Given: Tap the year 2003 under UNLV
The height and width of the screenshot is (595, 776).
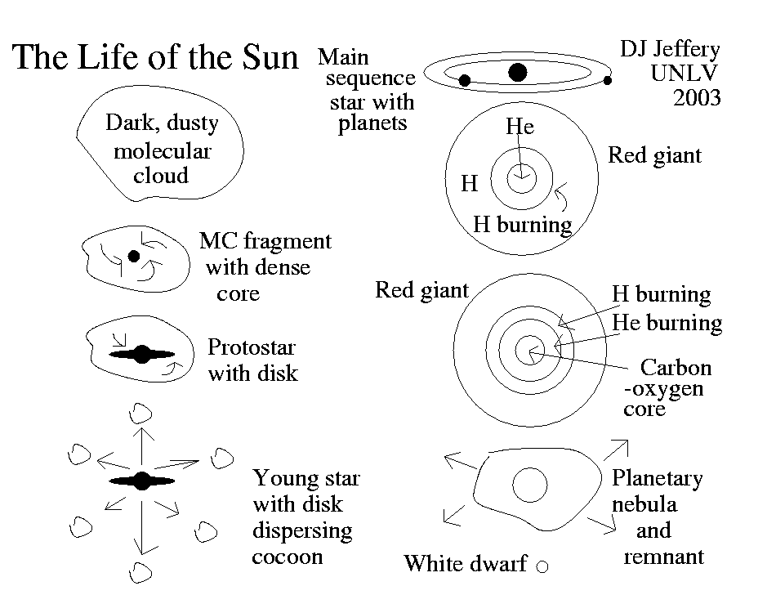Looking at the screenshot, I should [x=697, y=98].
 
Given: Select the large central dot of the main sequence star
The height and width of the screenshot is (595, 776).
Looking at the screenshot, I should [x=516, y=73].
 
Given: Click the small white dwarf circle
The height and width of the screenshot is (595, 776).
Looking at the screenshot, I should [x=541, y=565].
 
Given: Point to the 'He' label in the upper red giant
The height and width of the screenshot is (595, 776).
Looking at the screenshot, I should [x=520, y=127].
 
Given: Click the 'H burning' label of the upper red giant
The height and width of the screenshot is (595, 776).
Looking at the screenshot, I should [x=523, y=225].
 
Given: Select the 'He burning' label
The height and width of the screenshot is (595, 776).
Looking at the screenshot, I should [x=667, y=323].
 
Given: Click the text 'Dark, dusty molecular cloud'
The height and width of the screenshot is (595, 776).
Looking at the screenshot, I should [x=162, y=150].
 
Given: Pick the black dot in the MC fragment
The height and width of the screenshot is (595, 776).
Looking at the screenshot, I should [x=134, y=256].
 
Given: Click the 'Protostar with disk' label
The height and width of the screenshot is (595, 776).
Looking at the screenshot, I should [x=252, y=360].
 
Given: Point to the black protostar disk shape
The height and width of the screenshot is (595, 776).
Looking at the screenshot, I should [x=142, y=355].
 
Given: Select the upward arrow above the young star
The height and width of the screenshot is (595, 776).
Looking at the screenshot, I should [x=143, y=441].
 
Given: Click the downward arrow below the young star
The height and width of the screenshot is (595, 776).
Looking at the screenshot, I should [x=143, y=527].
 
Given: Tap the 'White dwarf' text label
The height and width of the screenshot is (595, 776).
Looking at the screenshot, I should [x=466, y=564].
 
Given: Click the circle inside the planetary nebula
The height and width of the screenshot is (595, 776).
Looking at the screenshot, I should [x=529, y=484].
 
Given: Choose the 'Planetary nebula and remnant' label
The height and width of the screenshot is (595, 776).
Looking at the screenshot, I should [x=658, y=517].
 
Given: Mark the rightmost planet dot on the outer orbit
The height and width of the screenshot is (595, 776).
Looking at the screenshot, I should [x=608, y=80].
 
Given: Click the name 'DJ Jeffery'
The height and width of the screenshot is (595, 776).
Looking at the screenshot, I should [x=671, y=51].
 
